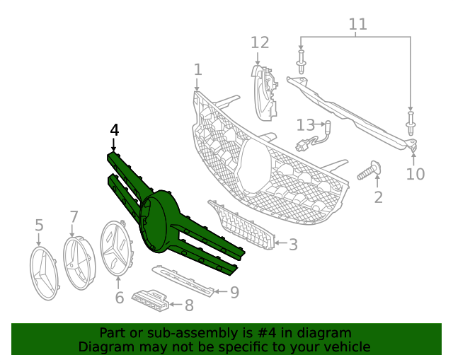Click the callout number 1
198,69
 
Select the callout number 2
378,197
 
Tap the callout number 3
292,245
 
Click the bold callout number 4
115,130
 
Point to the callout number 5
39,226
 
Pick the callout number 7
74,216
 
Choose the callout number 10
415,173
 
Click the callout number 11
358,24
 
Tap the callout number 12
260,43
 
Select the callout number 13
306,125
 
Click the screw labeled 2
369,170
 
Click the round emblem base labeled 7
78,262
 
